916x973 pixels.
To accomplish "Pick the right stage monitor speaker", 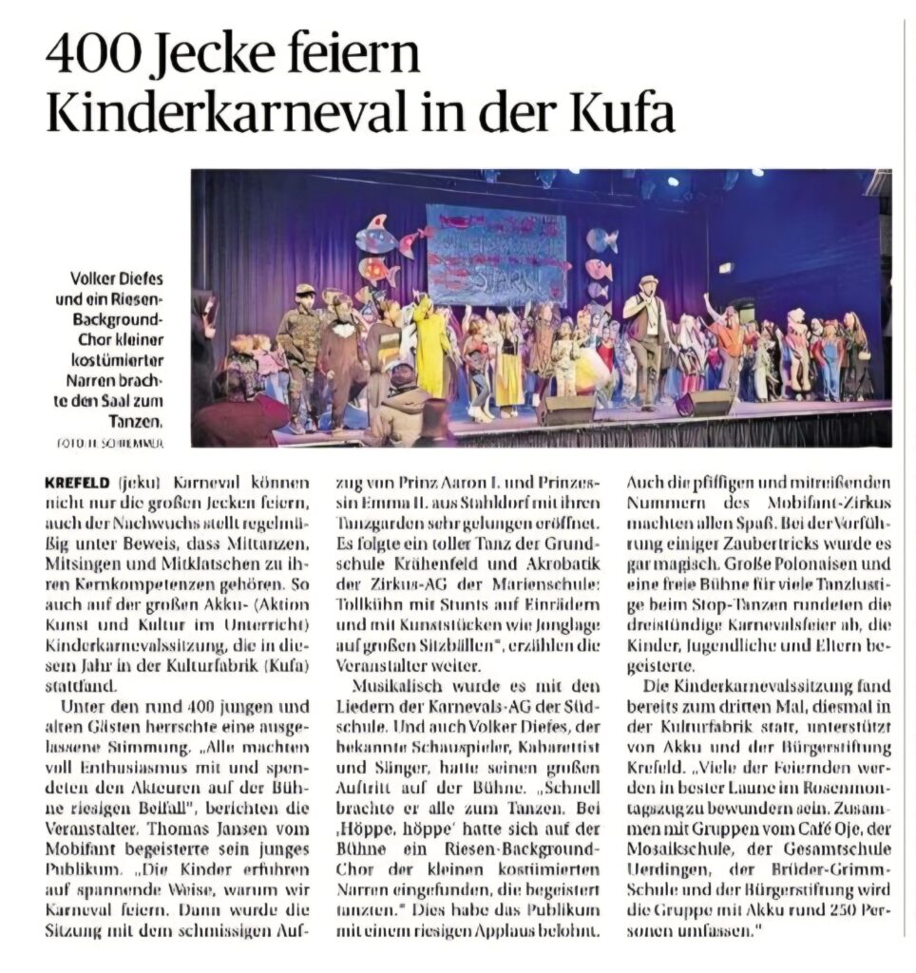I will pyautogui.click(x=708, y=402).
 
